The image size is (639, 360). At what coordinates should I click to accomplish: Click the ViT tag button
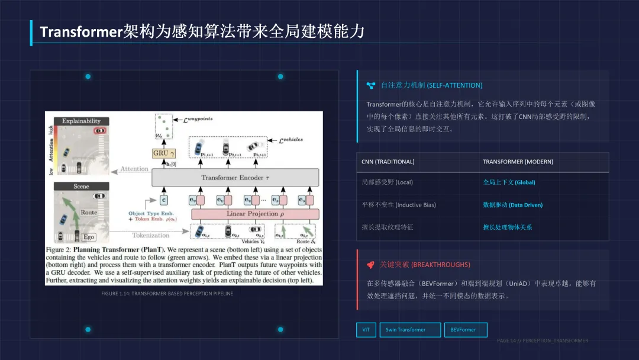pos(366,330)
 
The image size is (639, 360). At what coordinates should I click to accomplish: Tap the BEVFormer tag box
pos(465,330)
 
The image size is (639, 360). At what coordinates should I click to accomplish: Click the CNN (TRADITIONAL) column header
pos(388,162)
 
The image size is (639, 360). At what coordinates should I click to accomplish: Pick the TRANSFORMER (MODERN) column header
pos(518,162)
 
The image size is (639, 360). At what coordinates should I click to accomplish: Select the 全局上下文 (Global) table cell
pos(508,182)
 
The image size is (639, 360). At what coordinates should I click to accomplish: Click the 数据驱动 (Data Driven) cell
pos(512,205)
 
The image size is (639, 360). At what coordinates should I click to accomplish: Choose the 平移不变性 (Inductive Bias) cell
pos(399,205)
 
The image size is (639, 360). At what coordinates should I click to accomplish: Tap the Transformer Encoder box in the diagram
pos(235,178)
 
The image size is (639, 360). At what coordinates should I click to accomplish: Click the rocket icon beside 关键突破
pos(370,265)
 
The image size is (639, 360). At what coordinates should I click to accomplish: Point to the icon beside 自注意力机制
pos(371,85)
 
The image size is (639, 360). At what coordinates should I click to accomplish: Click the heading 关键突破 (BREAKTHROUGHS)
pos(425,265)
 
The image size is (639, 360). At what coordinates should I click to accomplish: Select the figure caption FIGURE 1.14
pos(167,294)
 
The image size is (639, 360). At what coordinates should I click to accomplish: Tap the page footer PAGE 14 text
pos(542,340)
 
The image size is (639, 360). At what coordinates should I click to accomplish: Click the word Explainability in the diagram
pos(82,121)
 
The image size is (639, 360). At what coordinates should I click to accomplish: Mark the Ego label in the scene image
pos(89,237)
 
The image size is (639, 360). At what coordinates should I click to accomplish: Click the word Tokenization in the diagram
pos(150,235)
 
